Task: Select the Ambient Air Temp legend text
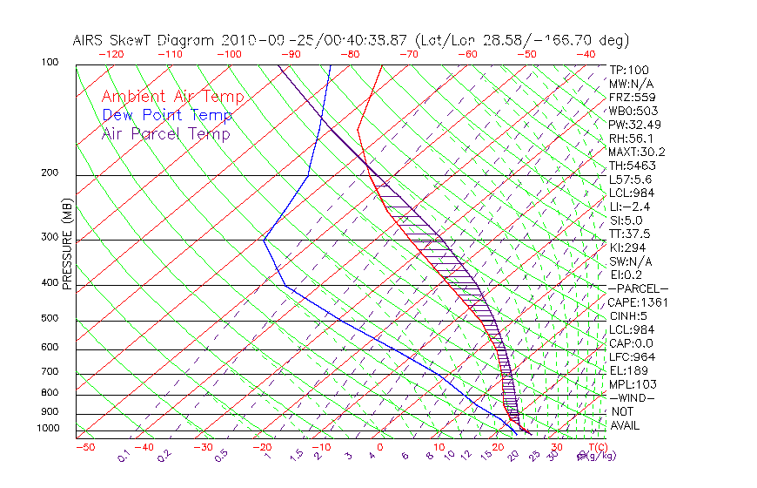coord(172,98)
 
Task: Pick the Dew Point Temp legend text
coord(166,116)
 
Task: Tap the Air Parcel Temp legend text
coord(165,134)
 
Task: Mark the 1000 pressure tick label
coord(49,429)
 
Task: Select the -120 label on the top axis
coord(111,54)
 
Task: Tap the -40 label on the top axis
coord(586,54)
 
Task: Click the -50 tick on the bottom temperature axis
coord(84,448)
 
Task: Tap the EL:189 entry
coord(629,370)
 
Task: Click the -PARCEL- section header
coord(638,288)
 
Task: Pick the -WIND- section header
coord(632,397)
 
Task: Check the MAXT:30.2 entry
coord(635,152)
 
